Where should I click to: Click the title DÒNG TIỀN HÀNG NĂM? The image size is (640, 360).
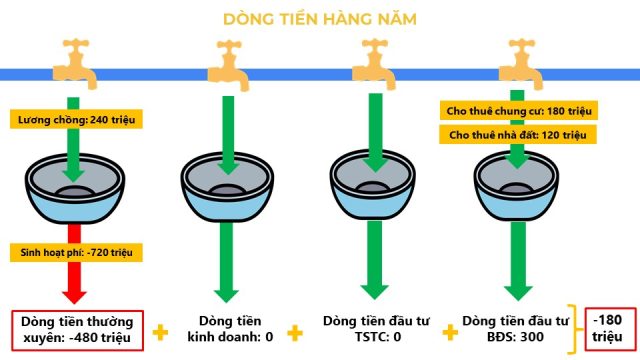point(320,19)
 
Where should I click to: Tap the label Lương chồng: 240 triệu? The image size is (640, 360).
point(76,120)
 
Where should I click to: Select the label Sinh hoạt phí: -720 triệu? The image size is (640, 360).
point(76,252)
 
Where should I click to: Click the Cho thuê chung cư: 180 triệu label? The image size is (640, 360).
point(519,111)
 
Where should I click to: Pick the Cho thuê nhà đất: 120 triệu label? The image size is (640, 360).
point(518,135)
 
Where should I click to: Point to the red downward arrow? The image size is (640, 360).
point(74,263)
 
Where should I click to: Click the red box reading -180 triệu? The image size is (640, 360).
point(611,329)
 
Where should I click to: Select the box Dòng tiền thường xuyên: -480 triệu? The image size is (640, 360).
point(78,331)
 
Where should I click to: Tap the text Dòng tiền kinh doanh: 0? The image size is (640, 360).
point(230,329)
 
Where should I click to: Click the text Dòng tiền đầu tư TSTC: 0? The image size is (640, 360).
point(376,329)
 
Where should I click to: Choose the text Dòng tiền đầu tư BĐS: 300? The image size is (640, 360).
point(516,329)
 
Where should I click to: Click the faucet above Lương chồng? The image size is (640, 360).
point(76,63)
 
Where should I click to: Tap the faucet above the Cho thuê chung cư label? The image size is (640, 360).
point(521,64)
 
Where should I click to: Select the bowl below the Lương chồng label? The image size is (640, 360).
point(75,188)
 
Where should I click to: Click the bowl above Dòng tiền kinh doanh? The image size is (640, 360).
point(227,187)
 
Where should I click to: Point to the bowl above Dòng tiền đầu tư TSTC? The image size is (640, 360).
point(373,185)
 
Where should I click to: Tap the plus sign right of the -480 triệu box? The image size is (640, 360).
point(160,332)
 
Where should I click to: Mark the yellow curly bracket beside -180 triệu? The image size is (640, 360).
point(576,329)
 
